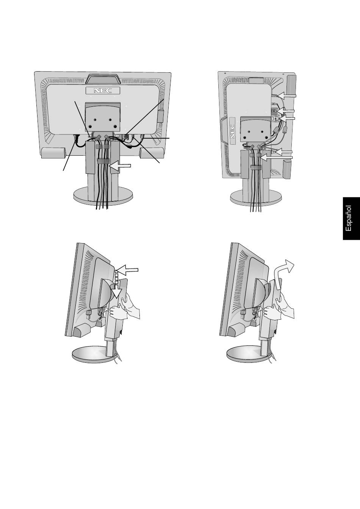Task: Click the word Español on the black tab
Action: click(x=348, y=219)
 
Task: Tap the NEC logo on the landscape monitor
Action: click(x=103, y=91)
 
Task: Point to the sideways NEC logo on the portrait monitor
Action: click(x=232, y=131)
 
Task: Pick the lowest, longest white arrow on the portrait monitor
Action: click(x=277, y=157)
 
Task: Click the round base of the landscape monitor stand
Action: click(x=103, y=196)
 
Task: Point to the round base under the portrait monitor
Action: click(x=256, y=197)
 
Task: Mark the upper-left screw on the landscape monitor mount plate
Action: click(x=95, y=120)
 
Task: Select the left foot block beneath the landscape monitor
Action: click(x=53, y=153)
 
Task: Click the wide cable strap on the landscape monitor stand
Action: click(x=103, y=161)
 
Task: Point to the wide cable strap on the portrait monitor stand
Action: click(x=257, y=167)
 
